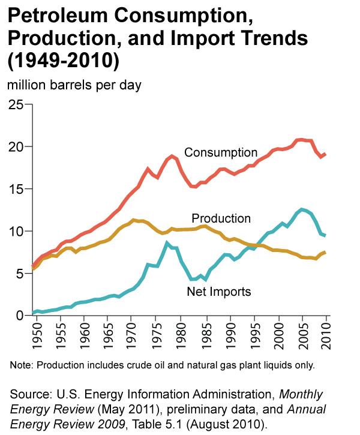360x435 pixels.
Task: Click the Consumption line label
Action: (220, 152)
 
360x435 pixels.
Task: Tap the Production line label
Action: (221, 218)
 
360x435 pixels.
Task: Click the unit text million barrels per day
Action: (74, 85)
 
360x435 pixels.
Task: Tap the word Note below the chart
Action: (22, 364)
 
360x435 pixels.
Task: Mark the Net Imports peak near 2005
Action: (302, 209)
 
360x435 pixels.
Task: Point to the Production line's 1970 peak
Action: (134, 220)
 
